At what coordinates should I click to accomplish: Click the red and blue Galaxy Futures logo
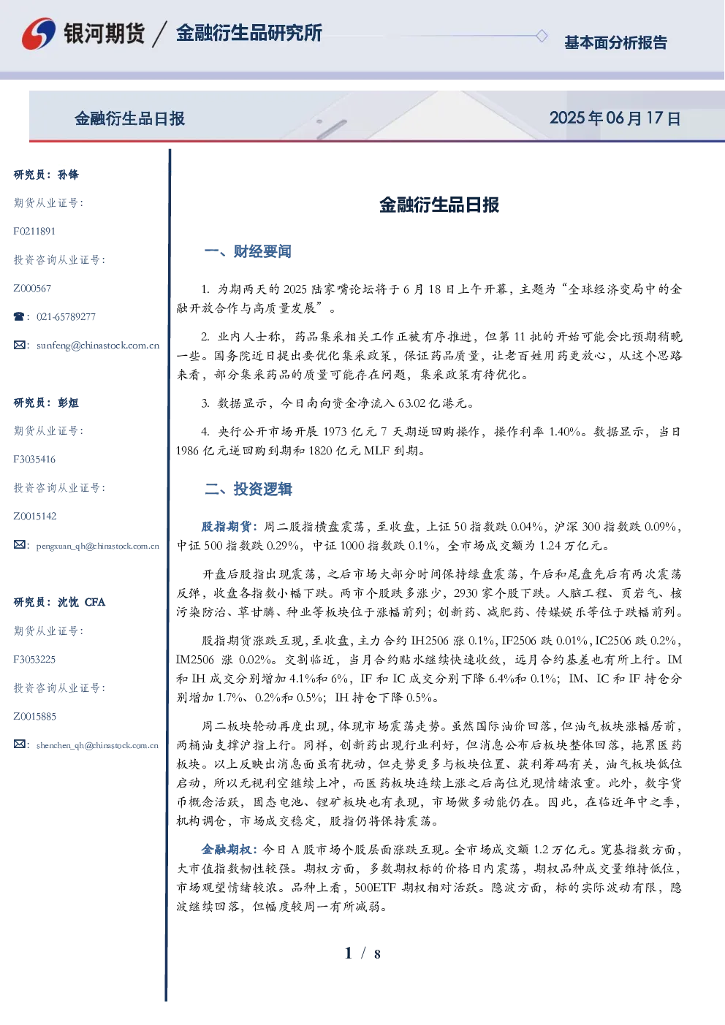pos(39,34)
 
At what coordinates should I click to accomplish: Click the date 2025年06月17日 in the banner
pos(615,118)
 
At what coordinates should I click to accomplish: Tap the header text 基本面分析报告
pos(615,42)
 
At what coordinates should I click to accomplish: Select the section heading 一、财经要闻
pos(248,251)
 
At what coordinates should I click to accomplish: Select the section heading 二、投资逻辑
pos(248,489)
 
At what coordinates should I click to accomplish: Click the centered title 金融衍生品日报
pos(439,205)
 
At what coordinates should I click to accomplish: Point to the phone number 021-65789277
pos(67,316)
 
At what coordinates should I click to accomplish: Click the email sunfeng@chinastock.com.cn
pos(98,346)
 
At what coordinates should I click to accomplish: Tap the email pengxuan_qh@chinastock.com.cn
pos(98,546)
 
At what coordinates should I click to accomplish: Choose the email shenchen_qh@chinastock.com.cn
pos(97,745)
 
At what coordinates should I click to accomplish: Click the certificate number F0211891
pos(34,231)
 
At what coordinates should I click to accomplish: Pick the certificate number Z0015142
pos(35,517)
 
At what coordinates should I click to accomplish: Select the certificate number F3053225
pos(34,660)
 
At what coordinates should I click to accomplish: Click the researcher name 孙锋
pos(68,175)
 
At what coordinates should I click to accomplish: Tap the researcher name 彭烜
pos(68,403)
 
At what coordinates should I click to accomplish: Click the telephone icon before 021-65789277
pos(19,316)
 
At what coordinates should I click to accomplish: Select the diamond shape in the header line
pos(542,36)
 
